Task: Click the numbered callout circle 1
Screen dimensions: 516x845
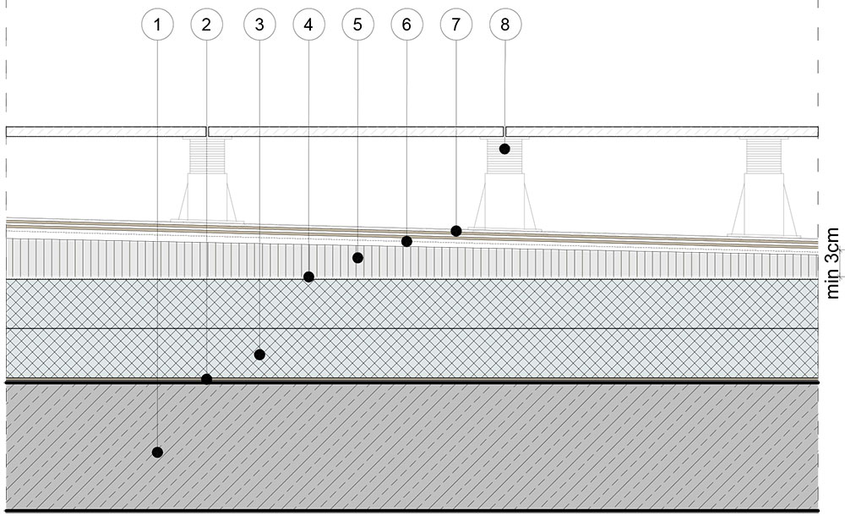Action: [157, 25]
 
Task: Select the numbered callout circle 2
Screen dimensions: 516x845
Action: [206, 25]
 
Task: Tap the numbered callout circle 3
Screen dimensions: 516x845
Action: [259, 25]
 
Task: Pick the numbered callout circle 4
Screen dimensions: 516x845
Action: [308, 25]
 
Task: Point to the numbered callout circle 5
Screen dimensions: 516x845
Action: [357, 25]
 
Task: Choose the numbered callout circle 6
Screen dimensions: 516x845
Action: [406, 25]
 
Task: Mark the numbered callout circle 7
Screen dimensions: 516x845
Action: [455, 25]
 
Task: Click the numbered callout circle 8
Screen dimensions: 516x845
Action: [505, 25]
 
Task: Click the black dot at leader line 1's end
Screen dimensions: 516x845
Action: [157, 453]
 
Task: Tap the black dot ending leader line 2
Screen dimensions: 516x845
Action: [206, 379]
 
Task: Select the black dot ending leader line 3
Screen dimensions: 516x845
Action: [259, 354]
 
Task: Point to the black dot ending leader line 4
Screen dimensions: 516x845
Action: [308, 277]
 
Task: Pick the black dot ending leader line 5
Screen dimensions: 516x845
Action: [357, 257]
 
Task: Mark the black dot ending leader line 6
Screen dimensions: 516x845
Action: [406, 241]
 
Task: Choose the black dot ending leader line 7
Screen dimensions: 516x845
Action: [455, 230]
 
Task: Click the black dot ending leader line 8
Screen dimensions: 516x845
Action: [504, 149]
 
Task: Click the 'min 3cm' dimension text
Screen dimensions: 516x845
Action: [833, 261]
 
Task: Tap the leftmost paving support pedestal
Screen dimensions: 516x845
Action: [208, 182]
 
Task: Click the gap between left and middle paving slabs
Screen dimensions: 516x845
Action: [208, 131]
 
